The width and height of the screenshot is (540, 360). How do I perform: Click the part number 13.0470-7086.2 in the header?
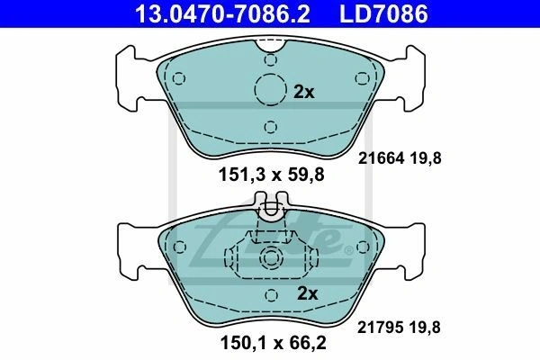point(222,13)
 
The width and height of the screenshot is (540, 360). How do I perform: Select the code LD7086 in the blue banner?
point(383,13)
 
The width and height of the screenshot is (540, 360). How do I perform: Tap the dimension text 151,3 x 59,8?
point(272,175)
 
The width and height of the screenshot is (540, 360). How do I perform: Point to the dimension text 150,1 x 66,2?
point(273,343)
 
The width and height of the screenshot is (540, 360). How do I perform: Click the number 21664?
point(381,158)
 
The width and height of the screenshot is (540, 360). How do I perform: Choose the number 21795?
point(380,328)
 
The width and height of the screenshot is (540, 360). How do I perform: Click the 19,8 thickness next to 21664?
point(426,158)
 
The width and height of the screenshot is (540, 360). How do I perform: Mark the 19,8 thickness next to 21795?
point(425,328)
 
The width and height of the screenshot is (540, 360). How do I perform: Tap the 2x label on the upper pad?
point(304,92)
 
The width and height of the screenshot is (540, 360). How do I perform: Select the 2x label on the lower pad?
point(307,293)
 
